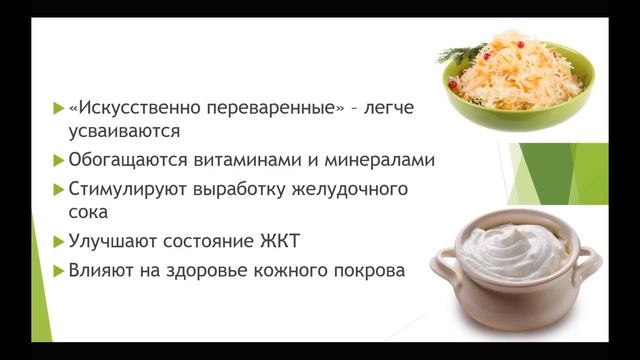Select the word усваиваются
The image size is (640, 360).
(126, 132)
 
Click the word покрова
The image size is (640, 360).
(366, 269)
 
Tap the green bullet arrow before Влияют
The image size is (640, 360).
(58, 269)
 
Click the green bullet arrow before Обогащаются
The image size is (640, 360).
(58, 159)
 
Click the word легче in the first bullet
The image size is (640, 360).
(388, 105)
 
